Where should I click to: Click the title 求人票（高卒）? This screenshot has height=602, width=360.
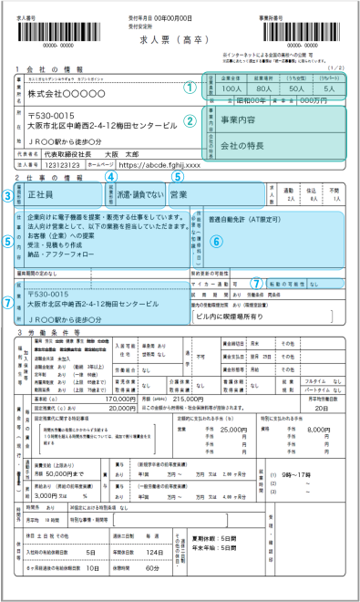click(180, 43)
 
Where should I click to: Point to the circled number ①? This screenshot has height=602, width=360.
click(189, 88)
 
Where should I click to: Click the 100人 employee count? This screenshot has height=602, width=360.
click(231, 89)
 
